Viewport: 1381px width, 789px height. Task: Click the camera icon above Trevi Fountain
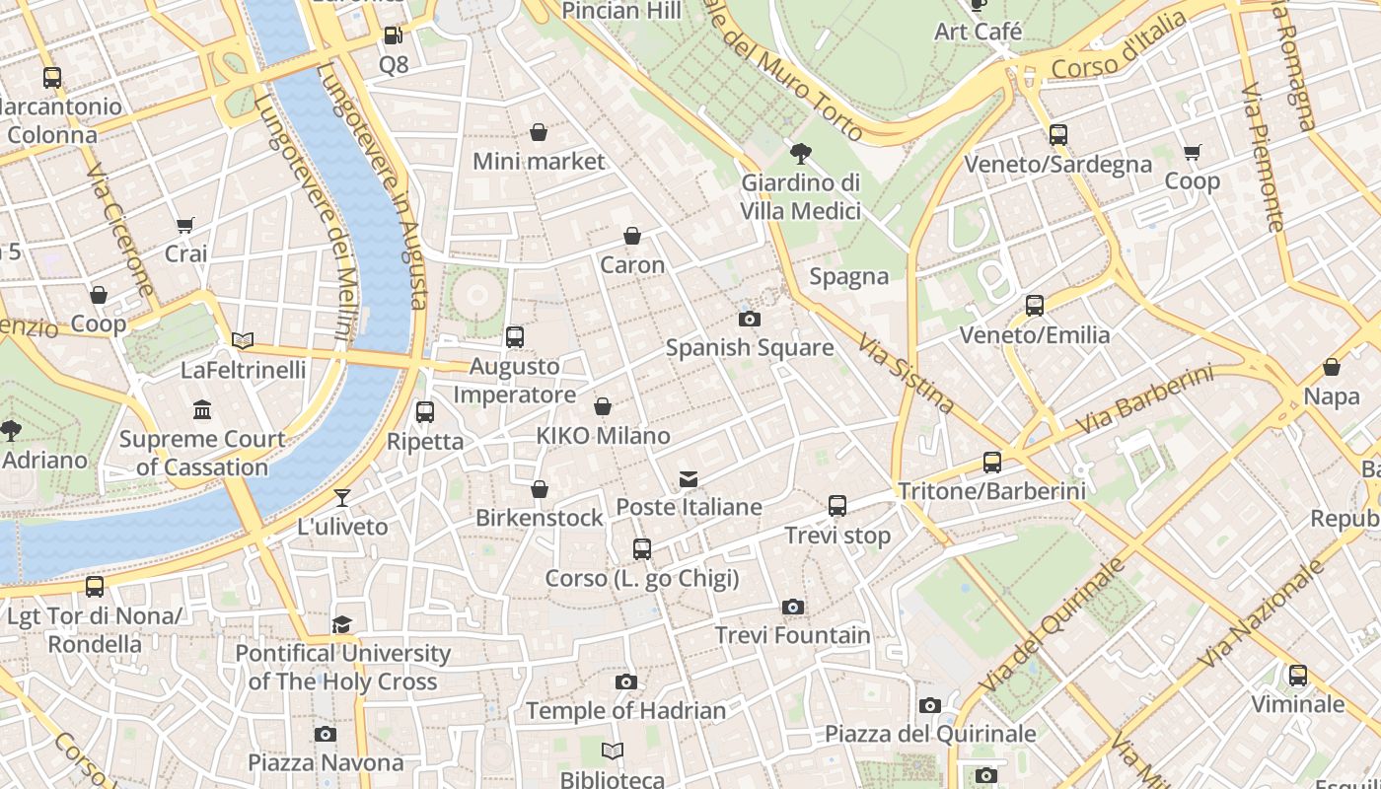point(793,607)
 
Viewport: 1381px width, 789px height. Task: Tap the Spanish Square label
point(750,348)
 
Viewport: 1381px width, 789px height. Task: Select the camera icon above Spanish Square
point(750,319)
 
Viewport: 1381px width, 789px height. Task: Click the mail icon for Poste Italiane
point(689,479)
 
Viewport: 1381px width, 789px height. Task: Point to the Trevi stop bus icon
point(837,506)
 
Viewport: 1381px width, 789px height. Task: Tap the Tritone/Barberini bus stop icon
point(992,462)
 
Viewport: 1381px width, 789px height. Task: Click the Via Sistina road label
point(906,373)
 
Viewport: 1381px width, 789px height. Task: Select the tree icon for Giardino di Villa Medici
point(801,153)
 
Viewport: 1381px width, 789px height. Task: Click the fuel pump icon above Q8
point(393,36)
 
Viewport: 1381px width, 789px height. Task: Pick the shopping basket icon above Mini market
point(539,132)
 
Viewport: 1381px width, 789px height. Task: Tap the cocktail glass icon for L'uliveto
point(342,498)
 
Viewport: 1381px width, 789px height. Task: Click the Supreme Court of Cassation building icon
point(202,409)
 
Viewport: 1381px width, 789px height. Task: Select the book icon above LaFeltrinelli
point(243,341)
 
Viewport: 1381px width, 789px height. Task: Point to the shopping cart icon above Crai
point(185,225)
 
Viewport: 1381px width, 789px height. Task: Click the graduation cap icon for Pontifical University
point(342,624)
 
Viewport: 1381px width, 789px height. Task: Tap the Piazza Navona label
point(326,762)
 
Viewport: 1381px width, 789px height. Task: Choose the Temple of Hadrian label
point(625,710)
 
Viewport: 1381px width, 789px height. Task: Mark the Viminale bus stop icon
point(1298,676)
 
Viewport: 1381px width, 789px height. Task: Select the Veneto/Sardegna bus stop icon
point(1058,135)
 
